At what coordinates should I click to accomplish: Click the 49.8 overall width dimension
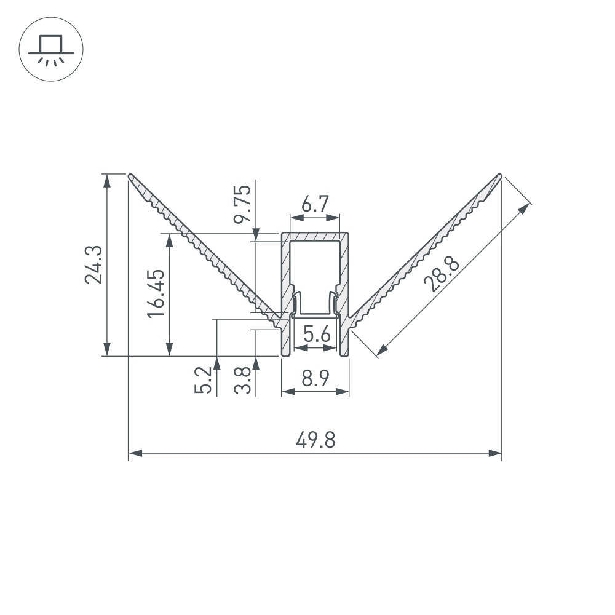point(315,440)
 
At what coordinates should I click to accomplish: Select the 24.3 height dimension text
point(93,264)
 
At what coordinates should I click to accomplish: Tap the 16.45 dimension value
point(156,293)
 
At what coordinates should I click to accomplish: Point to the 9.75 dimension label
point(242,204)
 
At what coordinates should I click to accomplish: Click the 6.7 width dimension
point(315,204)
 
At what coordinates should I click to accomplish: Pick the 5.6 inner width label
point(317,335)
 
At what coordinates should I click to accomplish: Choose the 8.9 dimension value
point(315,378)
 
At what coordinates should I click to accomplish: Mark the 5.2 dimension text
point(203,379)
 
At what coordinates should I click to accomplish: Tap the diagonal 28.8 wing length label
point(441,274)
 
